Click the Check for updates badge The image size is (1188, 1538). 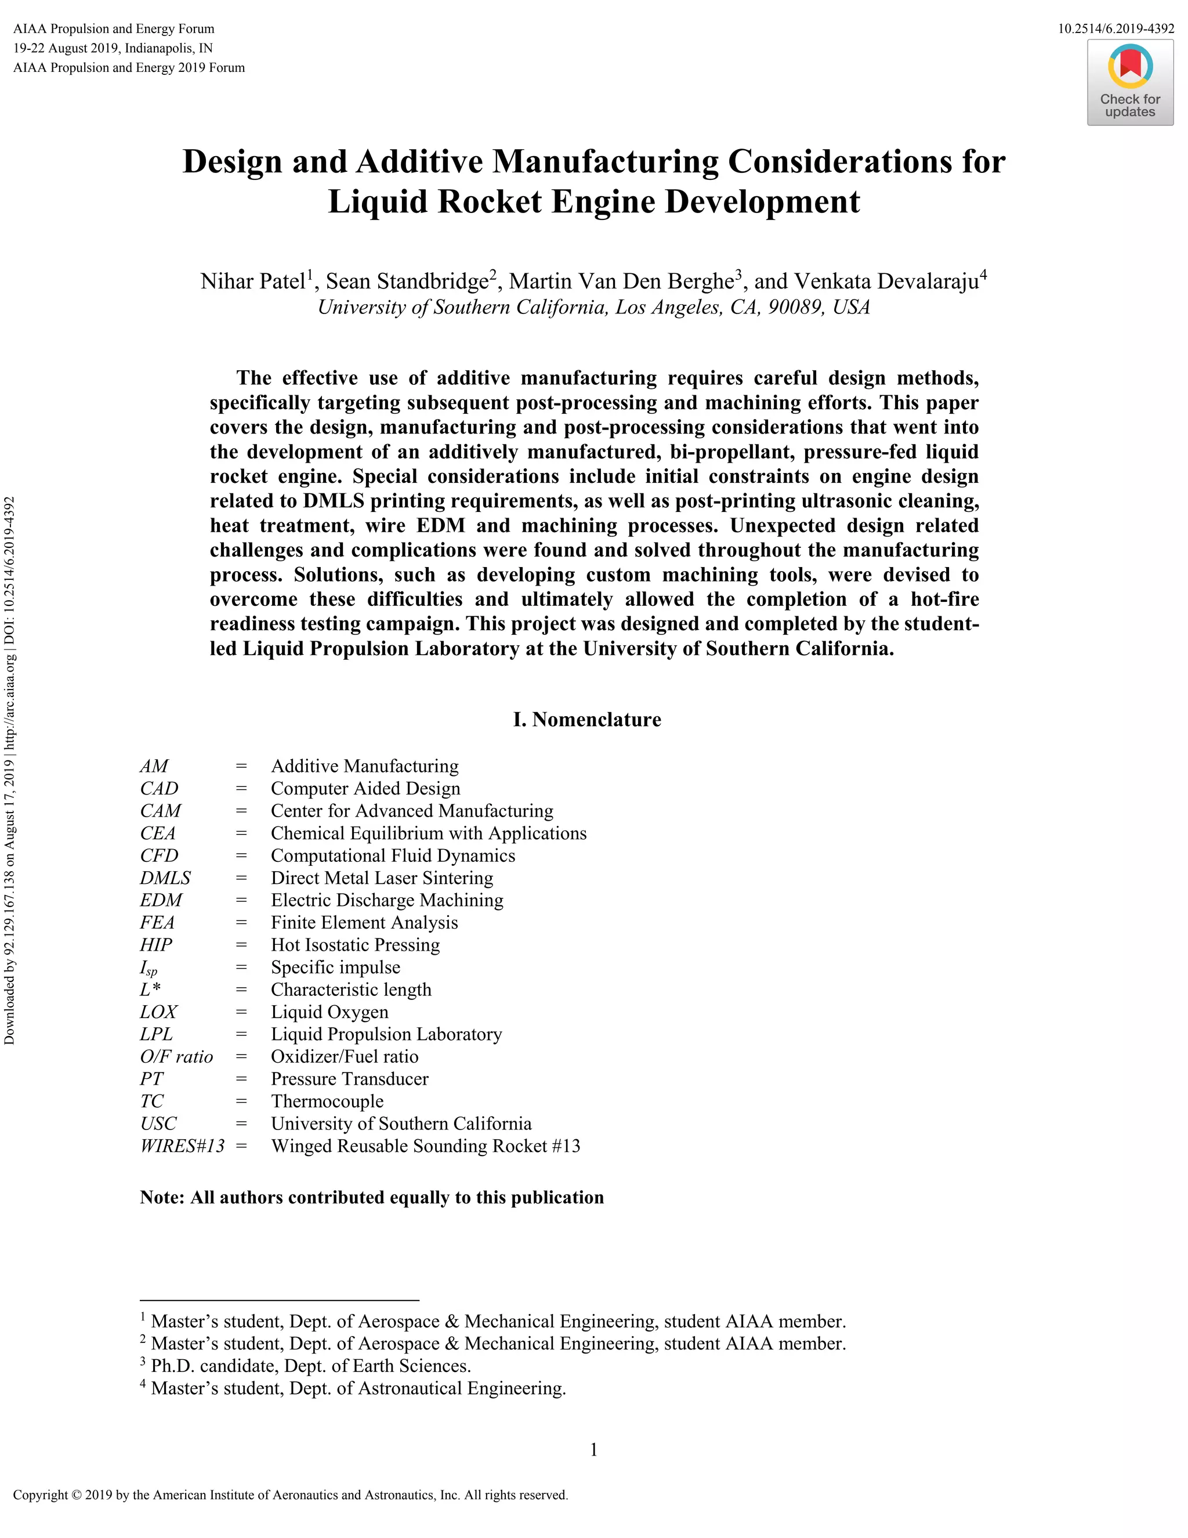(1129, 83)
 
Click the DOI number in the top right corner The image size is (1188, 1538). (1115, 29)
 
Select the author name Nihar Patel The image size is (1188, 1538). (252, 281)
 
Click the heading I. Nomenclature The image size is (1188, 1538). (587, 720)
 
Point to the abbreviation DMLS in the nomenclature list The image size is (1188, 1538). (165, 878)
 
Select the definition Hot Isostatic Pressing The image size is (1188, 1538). (356, 945)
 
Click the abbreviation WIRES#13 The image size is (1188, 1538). (182, 1146)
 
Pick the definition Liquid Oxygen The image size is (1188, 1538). (329, 1012)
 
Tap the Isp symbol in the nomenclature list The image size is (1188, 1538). (148, 968)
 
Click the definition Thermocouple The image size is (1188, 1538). (327, 1102)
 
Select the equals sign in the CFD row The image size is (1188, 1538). (241, 855)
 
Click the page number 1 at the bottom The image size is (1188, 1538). (593, 1449)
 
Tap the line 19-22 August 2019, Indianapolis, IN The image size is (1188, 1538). (113, 49)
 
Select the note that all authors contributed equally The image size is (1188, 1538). (372, 1198)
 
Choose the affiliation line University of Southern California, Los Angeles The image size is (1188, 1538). (593, 308)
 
